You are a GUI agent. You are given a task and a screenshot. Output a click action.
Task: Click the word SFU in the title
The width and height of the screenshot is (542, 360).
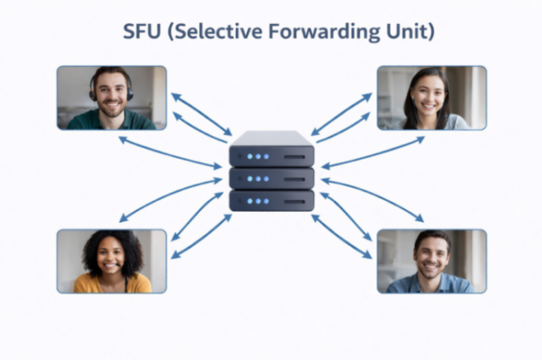pos(142,31)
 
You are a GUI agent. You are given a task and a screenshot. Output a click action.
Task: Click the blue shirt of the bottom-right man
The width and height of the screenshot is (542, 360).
pos(431,283)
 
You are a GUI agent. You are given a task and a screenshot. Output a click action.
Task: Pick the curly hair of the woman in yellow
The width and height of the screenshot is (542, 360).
pos(112,249)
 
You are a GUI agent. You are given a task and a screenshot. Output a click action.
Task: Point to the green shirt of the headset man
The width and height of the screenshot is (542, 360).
pos(111,120)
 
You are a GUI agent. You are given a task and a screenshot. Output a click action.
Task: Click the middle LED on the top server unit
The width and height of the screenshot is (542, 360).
pos(258,156)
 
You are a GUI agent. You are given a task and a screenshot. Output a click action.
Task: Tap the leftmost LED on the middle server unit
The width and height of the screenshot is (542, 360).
pos(250,179)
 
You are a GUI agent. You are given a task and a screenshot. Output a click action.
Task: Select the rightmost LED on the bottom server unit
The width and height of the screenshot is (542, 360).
pos(266,201)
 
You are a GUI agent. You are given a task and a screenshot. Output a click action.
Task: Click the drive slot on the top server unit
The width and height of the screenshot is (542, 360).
pos(294,157)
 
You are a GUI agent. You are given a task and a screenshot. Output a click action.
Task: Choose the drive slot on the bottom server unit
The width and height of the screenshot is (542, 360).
pos(294,202)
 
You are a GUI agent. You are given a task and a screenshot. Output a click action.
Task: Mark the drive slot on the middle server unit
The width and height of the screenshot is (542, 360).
pos(294,180)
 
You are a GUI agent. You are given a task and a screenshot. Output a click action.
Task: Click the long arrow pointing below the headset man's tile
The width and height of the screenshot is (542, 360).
pos(170,153)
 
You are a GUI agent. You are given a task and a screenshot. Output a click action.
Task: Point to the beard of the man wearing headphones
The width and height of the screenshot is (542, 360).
pos(111,108)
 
